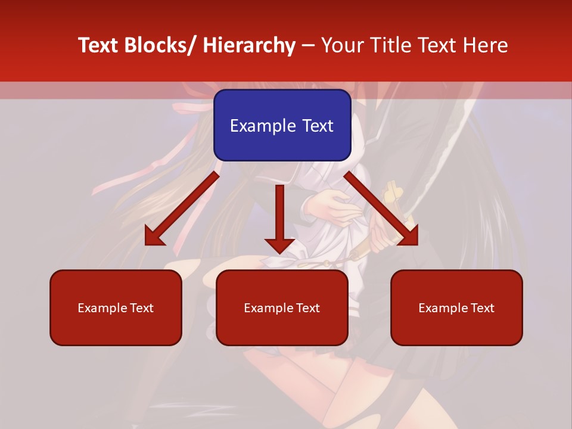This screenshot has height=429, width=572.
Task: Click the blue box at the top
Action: click(x=282, y=125)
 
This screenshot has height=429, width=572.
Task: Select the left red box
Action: click(x=116, y=307)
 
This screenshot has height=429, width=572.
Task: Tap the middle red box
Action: click(x=282, y=307)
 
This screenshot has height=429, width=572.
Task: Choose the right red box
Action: click(x=456, y=307)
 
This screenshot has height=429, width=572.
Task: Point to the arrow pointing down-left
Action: click(x=182, y=209)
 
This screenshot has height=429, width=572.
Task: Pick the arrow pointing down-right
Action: click(x=381, y=209)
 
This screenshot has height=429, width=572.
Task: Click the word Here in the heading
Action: click(x=486, y=45)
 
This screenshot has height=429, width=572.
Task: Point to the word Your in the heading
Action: click(x=341, y=45)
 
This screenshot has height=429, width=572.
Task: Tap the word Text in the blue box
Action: click(x=318, y=126)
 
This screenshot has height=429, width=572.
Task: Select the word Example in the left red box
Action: click(x=102, y=308)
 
